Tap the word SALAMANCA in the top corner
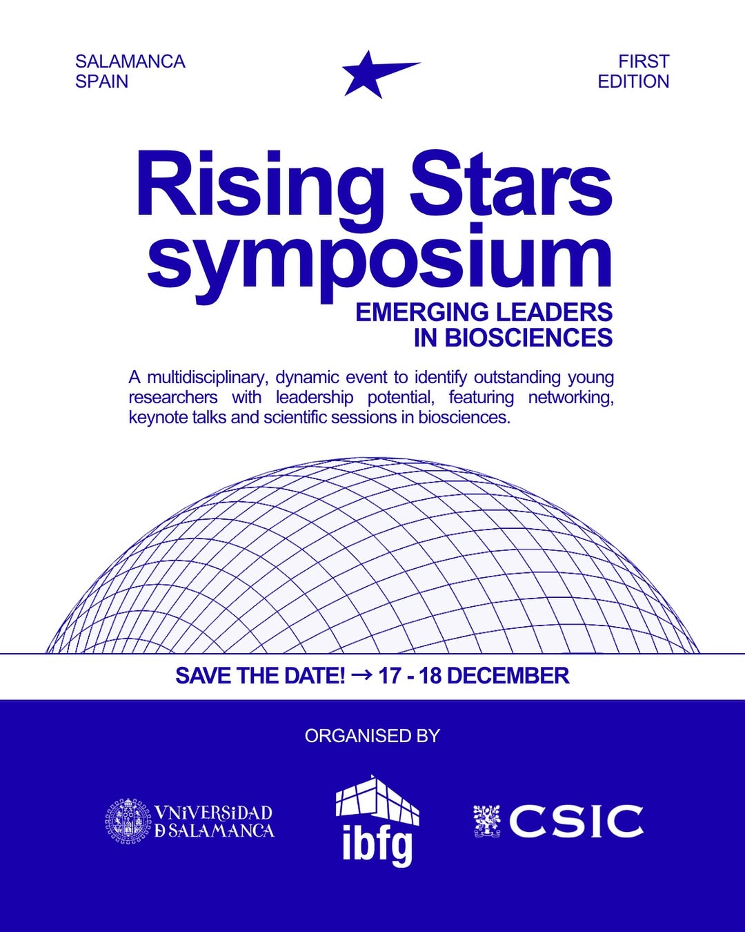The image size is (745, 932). click(130, 61)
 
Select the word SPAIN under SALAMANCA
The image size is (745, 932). click(101, 81)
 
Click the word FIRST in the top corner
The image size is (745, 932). click(644, 61)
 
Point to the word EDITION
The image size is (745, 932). click(633, 81)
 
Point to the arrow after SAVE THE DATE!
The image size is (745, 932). click(361, 674)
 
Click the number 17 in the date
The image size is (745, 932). click(389, 675)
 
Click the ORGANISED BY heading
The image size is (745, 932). click(372, 736)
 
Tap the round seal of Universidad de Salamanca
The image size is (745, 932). click(129, 820)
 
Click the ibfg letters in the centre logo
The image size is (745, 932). click(377, 844)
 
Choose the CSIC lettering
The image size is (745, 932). click(576, 821)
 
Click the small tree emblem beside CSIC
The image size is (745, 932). click(488, 821)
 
